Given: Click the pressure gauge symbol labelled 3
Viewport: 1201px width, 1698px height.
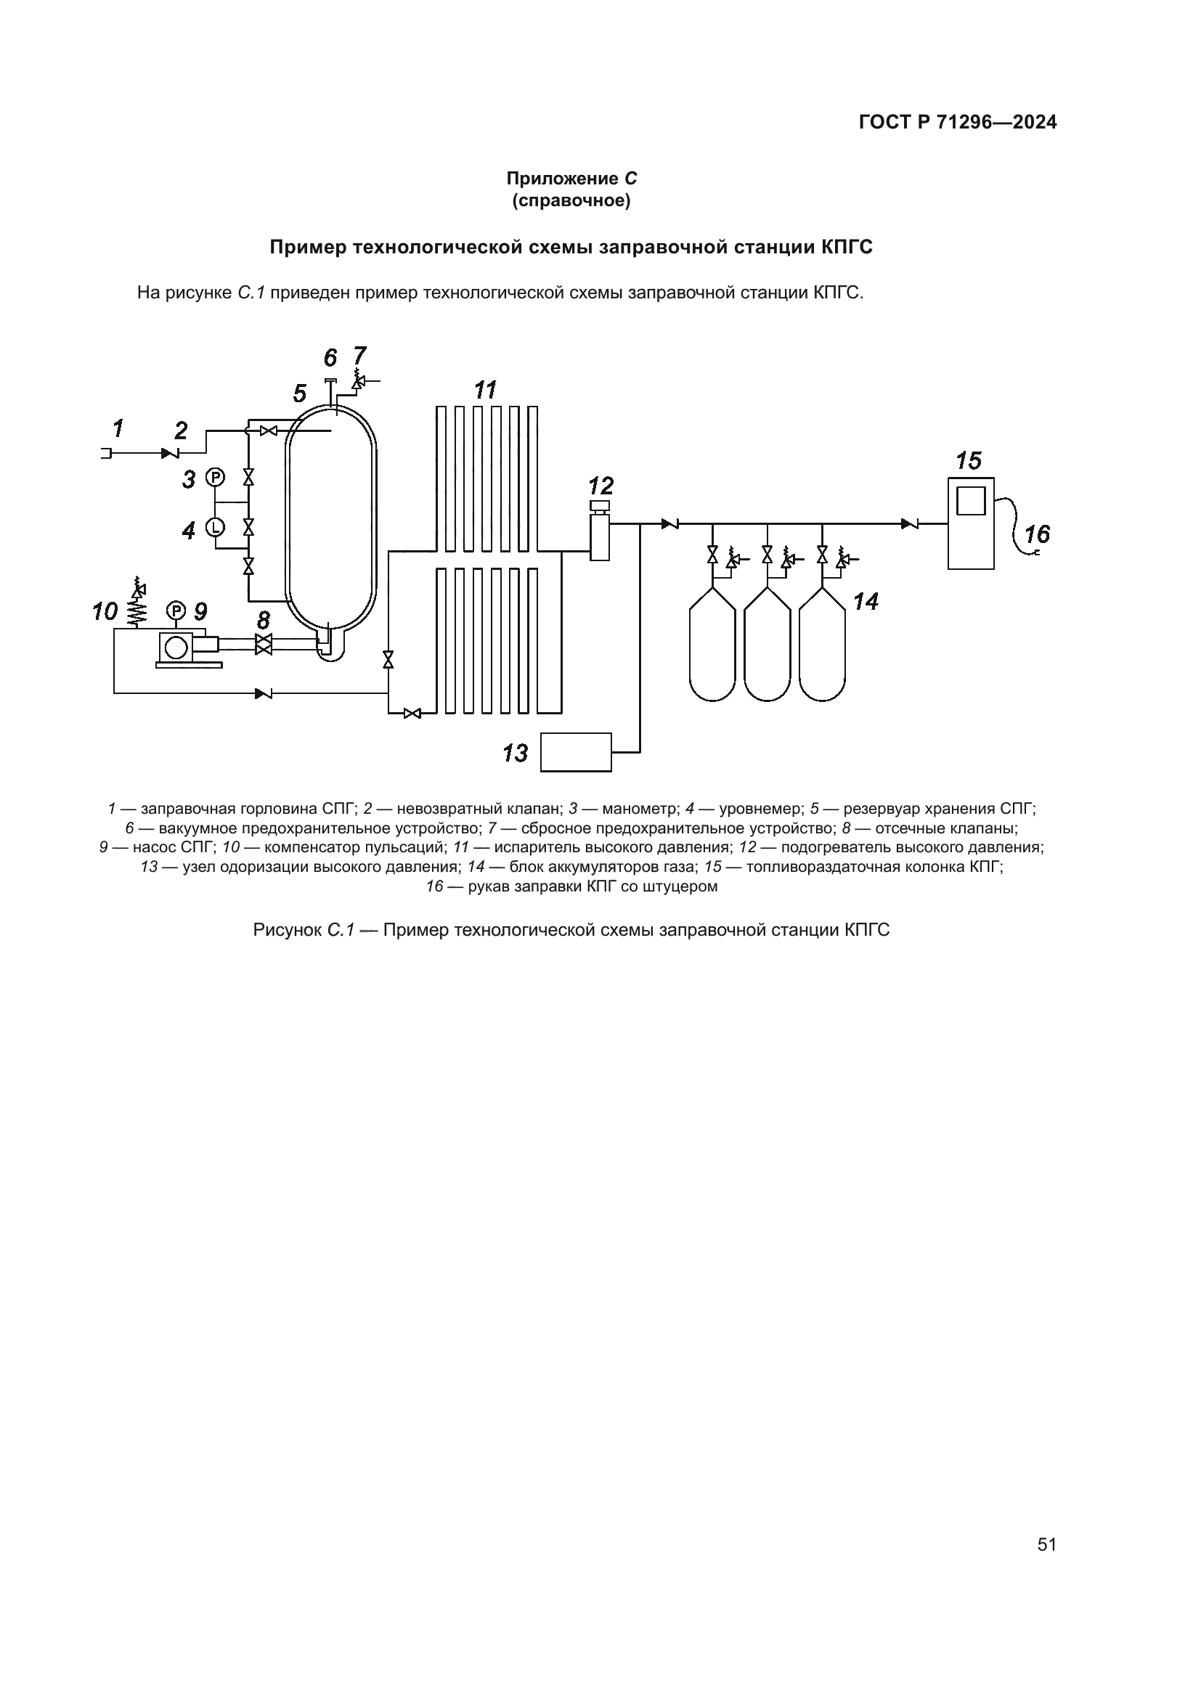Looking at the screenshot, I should [214, 478].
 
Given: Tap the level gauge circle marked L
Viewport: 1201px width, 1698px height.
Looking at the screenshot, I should [214, 526].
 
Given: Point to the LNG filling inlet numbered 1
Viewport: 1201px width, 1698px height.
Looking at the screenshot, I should [106, 452].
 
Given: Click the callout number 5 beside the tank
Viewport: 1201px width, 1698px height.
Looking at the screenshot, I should [299, 393].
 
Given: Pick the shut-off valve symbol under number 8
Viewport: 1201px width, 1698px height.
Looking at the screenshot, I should [263, 643].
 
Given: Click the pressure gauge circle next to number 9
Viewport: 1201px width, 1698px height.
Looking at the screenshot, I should [176, 611].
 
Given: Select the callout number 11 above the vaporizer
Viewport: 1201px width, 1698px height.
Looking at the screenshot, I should [485, 390].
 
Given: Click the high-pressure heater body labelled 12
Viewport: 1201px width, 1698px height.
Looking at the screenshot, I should [599, 538].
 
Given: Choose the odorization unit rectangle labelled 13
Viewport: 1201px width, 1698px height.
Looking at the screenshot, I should [576, 752].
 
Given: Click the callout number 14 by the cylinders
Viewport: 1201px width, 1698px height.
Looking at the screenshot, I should [866, 602].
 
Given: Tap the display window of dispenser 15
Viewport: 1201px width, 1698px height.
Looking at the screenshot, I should [970, 500].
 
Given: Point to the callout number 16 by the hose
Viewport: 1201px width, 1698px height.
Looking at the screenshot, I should [1037, 534].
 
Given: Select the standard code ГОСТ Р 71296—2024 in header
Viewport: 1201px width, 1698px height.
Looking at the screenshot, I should [958, 122].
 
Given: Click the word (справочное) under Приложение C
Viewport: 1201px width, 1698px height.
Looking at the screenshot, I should [571, 201].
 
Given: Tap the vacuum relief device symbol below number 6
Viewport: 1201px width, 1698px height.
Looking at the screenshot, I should [330, 382].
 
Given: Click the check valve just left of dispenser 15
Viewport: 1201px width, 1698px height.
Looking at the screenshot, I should [910, 524].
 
